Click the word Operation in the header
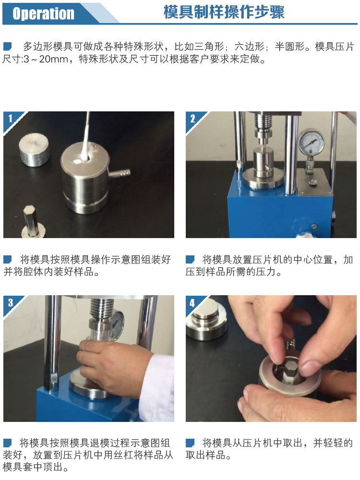point(43,13)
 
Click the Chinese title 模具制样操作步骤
point(224,12)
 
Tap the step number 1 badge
point(10,118)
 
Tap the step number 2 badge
point(192,118)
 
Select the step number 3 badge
point(11,302)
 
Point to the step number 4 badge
point(192,303)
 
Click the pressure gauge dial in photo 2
point(311,143)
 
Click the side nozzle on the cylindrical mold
point(120,173)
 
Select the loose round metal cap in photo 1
point(34,149)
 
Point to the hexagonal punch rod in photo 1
point(32,220)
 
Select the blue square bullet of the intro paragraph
point(7,47)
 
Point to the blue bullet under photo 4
point(190,443)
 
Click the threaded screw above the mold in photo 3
point(102,309)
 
